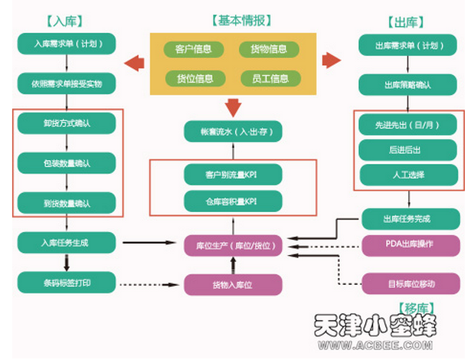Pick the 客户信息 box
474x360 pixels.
coord(195,49)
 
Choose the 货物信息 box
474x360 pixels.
coord(263,49)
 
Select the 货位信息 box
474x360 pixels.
coord(195,77)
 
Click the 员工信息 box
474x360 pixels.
coord(264,77)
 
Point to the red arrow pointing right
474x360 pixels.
coord(332,60)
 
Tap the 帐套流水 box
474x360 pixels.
coord(233,131)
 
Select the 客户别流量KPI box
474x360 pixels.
coord(232,175)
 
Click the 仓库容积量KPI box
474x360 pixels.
coord(232,201)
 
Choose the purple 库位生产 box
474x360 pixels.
coord(233,247)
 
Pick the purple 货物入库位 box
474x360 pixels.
coord(232,284)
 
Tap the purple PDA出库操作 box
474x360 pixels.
coord(410,246)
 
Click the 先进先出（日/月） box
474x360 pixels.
coord(410,123)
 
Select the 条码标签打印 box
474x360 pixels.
coord(67,283)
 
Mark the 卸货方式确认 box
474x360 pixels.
coord(67,123)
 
